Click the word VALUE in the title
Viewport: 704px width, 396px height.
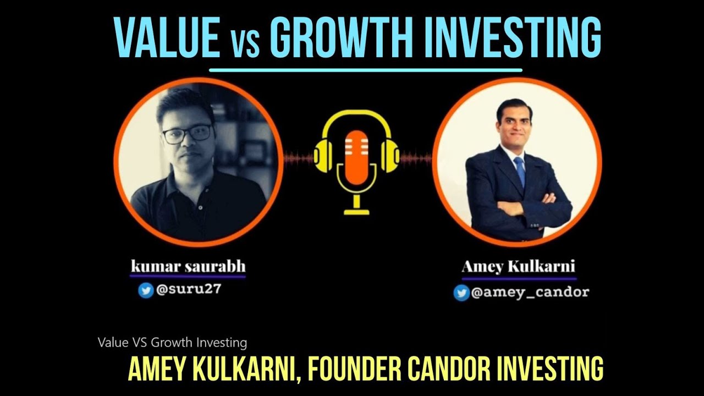(x=166, y=37)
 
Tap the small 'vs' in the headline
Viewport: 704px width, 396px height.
(x=244, y=42)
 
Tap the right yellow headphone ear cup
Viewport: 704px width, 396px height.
(x=390, y=155)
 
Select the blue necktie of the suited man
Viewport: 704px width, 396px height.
(x=519, y=170)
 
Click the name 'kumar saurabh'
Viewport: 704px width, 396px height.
(x=188, y=267)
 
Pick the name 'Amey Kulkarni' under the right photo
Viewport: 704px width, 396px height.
(x=518, y=267)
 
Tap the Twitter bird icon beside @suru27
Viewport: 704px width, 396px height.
(x=146, y=290)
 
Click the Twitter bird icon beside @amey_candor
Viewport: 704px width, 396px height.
(x=461, y=293)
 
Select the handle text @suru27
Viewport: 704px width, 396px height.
(x=188, y=290)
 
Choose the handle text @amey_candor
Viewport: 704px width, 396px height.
(x=529, y=293)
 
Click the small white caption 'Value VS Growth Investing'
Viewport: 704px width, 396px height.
(x=172, y=343)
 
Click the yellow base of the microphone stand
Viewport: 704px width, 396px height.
(x=356, y=211)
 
